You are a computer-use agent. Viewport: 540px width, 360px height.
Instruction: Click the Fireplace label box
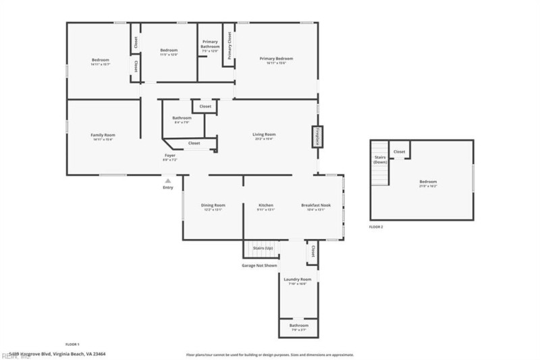click(x=315, y=136)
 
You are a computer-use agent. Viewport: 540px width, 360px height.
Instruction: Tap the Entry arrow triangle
click(x=168, y=180)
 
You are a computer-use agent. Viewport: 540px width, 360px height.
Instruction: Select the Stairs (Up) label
click(x=263, y=249)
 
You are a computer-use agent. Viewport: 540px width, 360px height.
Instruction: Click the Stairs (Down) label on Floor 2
click(x=380, y=160)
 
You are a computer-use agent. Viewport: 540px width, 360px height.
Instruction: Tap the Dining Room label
click(x=213, y=205)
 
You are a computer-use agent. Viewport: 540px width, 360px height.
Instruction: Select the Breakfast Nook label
click(x=316, y=205)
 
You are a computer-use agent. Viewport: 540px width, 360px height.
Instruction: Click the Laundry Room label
click(x=297, y=279)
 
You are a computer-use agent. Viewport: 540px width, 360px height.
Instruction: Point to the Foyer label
click(x=170, y=155)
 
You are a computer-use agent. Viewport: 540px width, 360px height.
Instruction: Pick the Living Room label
click(x=264, y=134)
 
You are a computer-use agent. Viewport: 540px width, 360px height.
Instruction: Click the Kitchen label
click(x=266, y=205)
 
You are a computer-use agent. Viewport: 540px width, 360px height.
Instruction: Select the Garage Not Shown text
click(x=259, y=265)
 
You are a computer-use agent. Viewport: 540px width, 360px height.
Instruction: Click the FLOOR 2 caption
click(x=376, y=227)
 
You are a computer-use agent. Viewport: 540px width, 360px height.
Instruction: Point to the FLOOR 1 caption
click(x=72, y=344)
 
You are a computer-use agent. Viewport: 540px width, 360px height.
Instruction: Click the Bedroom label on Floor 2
click(x=429, y=182)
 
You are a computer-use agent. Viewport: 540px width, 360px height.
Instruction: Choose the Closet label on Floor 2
click(x=399, y=152)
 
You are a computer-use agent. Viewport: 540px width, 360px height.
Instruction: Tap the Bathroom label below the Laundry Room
click(x=298, y=327)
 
